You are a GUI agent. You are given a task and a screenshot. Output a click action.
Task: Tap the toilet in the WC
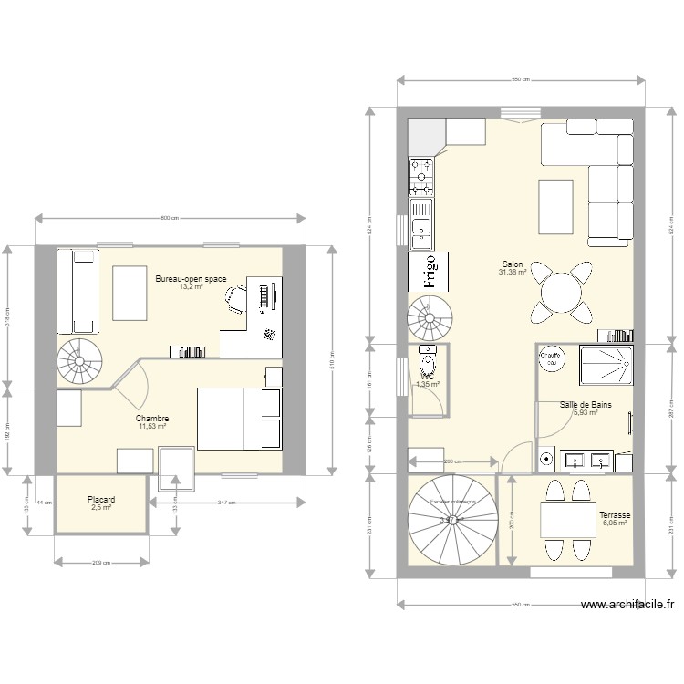click(427, 363)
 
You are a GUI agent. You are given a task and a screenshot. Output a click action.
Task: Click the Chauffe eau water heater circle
click(550, 358)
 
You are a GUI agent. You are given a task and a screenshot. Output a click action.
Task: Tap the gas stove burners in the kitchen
click(420, 177)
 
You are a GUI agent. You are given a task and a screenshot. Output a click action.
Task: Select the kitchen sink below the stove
click(420, 229)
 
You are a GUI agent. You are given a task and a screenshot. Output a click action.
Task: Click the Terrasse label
click(615, 515)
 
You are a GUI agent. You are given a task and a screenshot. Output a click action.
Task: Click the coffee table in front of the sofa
click(556, 207)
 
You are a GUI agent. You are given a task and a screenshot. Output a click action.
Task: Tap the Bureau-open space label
click(191, 278)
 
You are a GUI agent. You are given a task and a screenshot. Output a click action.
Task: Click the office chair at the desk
click(236, 298)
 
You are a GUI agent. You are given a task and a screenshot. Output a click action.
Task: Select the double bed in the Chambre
click(239, 419)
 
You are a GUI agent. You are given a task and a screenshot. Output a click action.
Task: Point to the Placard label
click(100, 500)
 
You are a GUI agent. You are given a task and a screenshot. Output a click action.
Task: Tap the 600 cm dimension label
click(170, 218)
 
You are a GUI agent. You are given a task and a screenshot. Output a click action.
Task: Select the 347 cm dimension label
click(227, 503)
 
